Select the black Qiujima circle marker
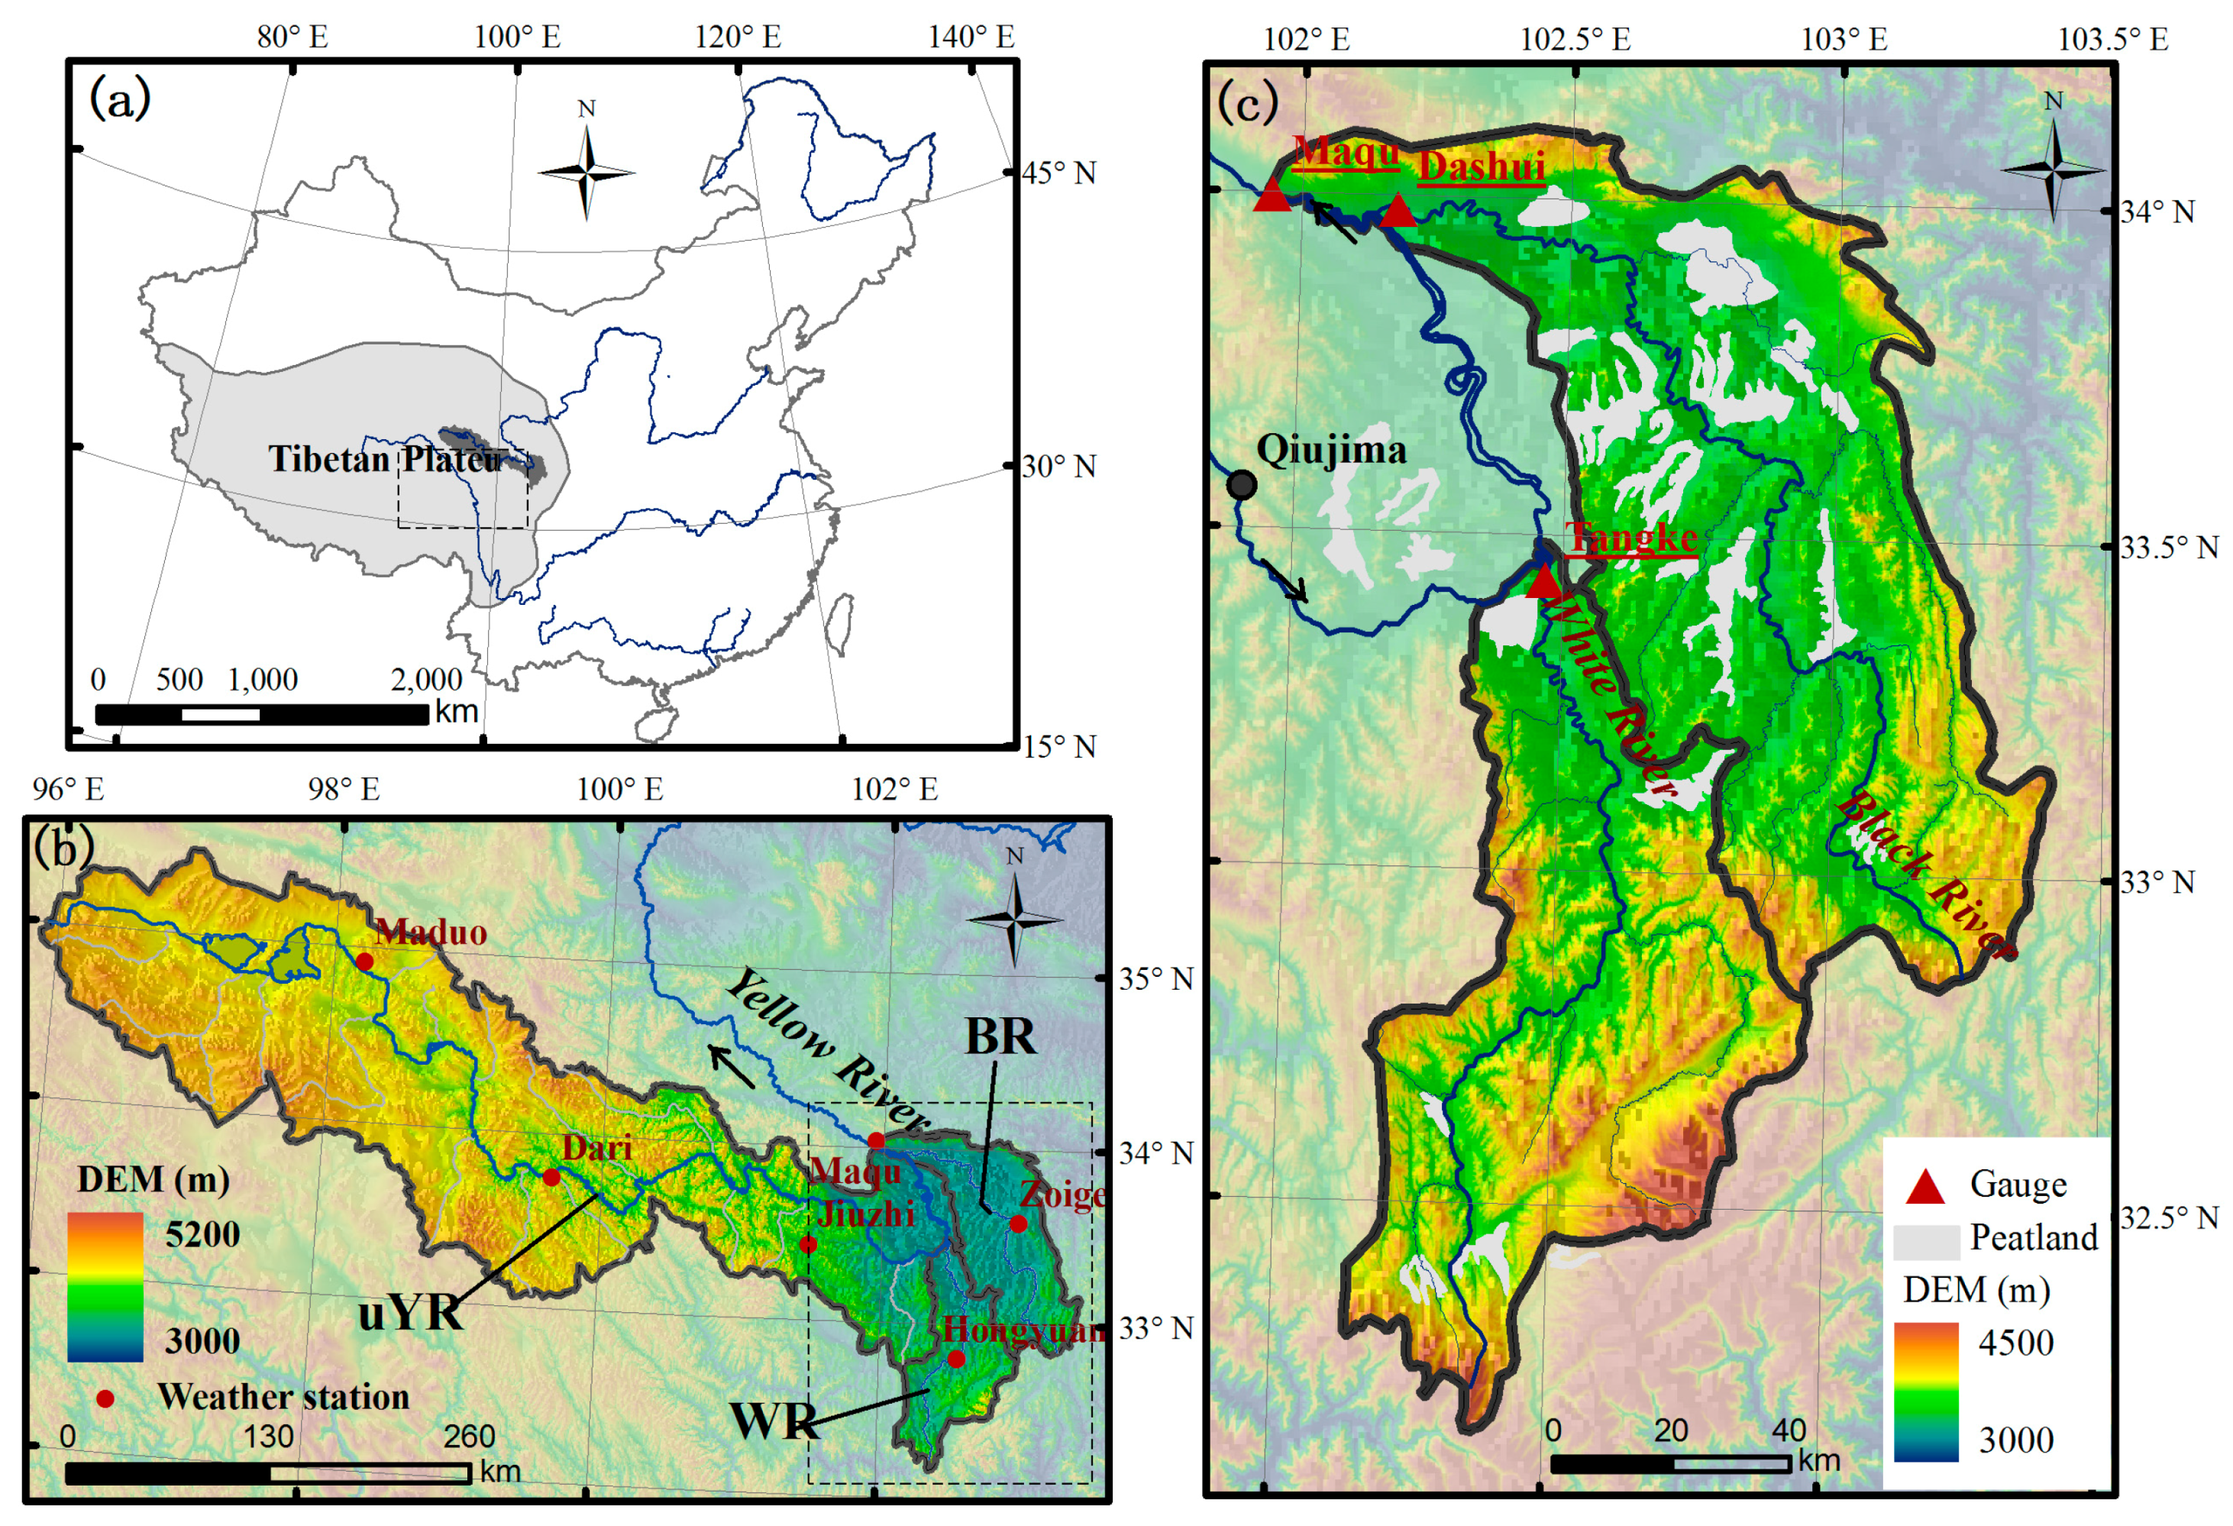pos(1242,484)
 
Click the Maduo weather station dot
pos(364,961)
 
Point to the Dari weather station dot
pos(551,1177)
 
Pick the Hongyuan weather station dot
pos(956,1359)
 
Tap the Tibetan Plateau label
pos(384,459)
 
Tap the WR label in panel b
pos(774,1421)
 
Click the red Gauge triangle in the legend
pos(1924,1187)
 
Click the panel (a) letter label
pos(119,99)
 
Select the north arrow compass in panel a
pos(586,173)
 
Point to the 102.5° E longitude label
pos(1575,40)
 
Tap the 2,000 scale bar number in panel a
pos(427,680)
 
